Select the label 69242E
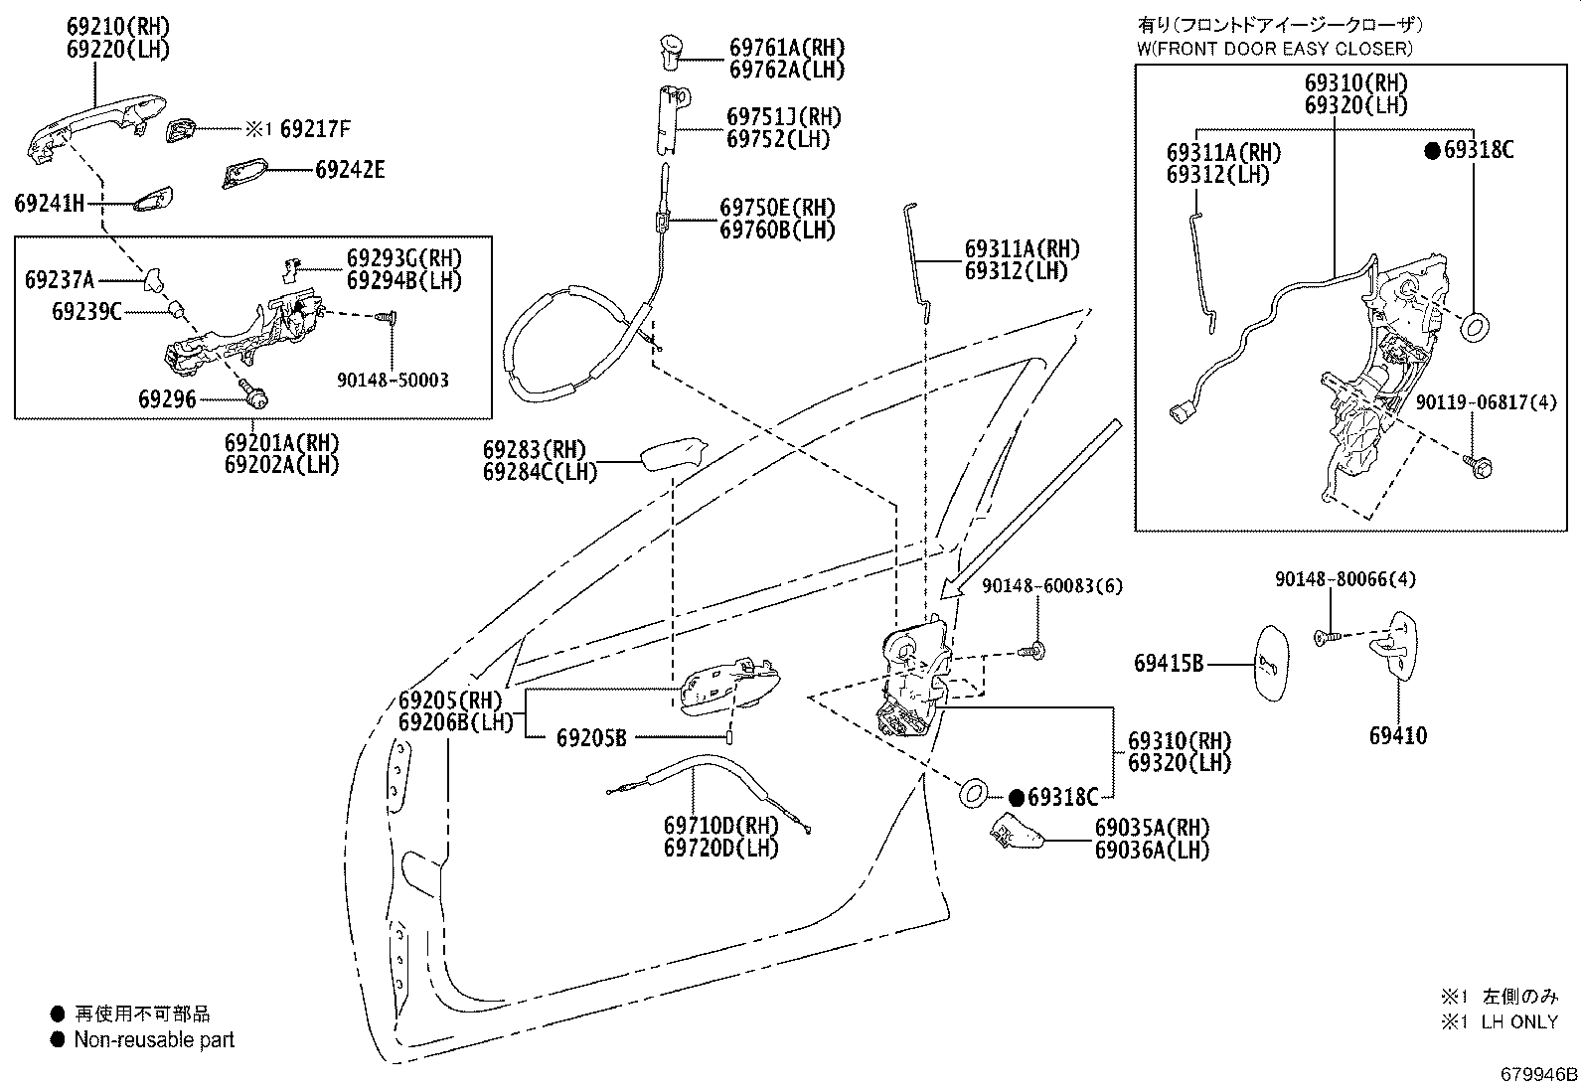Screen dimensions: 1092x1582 point(350,169)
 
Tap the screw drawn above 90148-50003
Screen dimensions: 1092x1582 point(388,317)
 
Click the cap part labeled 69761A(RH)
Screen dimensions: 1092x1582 point(669,50)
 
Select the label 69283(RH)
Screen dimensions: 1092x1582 point(535,450)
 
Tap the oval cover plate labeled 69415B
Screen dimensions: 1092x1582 point(1268,664)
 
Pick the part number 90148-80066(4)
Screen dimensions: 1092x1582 point(1346,578)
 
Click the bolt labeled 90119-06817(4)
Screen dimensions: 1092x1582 point(1478,464)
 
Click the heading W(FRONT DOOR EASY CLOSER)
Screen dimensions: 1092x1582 point(1274,48)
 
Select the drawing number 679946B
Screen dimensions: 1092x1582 point(1538,1074)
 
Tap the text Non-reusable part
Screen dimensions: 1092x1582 point(154,1040)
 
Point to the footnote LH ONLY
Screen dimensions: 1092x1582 point(1518,1021)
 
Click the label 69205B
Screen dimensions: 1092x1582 point(591,737)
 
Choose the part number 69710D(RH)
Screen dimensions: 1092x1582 point(721,826)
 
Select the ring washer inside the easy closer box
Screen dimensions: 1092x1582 point(1477,326)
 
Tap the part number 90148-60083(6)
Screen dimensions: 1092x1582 point(1051,586)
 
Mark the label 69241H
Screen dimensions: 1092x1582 point(50,204)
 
